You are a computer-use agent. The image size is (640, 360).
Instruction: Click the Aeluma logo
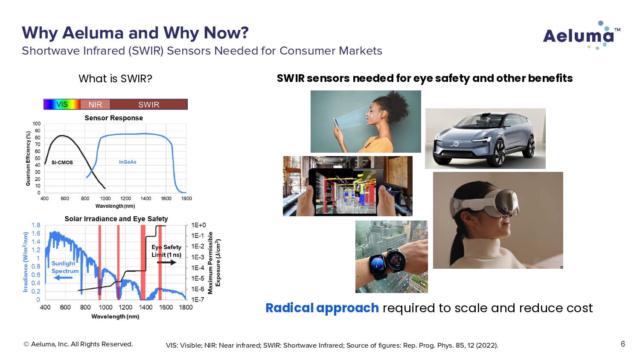point(582,35)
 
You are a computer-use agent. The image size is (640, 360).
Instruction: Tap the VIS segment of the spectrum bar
point(62,104)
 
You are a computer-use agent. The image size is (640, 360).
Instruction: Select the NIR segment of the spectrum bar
point(95,104)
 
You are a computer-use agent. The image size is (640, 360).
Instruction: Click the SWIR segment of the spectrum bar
point(149,104)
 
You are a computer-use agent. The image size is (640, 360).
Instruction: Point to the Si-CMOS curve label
point(62,163)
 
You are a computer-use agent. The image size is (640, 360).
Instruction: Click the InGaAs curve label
point(128,162)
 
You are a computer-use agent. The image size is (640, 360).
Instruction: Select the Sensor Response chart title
point(114,118)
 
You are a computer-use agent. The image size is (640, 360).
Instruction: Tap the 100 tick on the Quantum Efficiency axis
point(37,124)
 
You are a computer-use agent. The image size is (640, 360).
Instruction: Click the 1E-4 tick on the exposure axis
point(198,268)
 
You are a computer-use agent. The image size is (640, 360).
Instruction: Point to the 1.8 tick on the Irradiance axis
point(36,225)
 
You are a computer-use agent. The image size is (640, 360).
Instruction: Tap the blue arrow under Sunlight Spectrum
point(63,278)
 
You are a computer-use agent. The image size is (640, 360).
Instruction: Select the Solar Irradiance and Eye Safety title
point(116,219)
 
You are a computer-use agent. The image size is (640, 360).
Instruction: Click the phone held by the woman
point(336,122)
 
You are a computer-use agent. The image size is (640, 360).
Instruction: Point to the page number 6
point(623,344)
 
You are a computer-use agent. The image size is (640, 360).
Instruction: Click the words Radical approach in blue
point(322,308)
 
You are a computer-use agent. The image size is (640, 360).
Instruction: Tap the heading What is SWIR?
point(115,78)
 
